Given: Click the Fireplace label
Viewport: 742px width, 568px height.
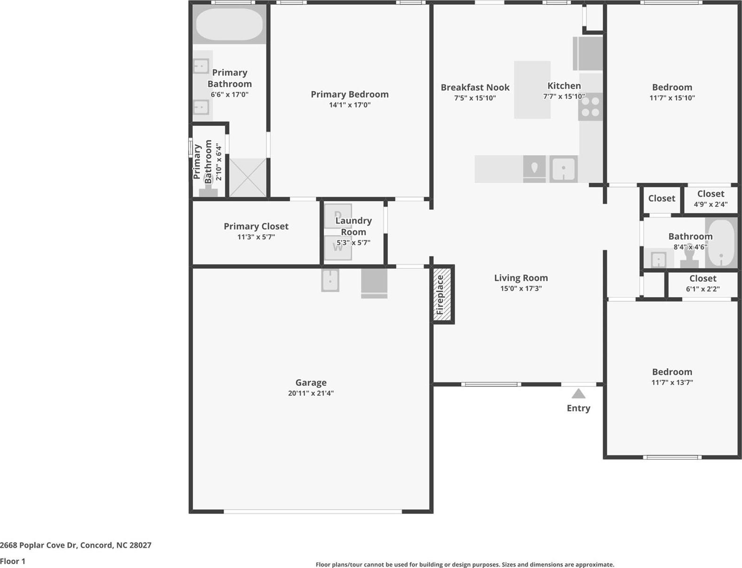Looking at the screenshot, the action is click(440, 295).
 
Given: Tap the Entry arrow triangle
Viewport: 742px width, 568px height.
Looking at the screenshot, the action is click(578, 394).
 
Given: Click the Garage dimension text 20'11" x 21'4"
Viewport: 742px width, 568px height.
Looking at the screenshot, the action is click(311, 393).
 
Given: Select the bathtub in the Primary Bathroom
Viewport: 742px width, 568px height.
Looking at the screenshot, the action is click(229, 24).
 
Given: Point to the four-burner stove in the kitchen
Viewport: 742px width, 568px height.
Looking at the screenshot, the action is click(591, 107).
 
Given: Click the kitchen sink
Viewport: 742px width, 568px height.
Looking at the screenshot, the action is click(563, 169).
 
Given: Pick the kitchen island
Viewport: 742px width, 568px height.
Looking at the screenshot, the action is click(532, 90).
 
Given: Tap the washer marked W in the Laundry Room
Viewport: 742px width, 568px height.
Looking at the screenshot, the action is click(338, 247).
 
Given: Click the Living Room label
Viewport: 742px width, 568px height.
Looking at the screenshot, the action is click(521, 278).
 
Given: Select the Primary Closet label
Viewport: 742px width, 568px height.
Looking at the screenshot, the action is click(256, 226).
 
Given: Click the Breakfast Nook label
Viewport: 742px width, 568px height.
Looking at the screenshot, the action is click(475, 87).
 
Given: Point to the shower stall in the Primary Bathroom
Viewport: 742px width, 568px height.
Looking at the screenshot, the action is click(247, 178).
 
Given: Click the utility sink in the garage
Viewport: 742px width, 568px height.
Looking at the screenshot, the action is click(330, 280).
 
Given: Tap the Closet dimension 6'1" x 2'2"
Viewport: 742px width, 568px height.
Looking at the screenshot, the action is click(703, 289).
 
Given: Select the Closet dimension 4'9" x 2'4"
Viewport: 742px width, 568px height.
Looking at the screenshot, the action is click(710, 205).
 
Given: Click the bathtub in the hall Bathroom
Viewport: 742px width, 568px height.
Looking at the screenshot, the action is click(721, 243).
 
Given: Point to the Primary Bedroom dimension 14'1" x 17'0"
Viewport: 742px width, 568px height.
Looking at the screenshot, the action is click(350, 105).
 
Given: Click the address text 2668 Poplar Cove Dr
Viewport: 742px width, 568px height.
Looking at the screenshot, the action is click(38, 545).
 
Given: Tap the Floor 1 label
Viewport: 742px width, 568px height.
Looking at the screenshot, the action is click(13, 561).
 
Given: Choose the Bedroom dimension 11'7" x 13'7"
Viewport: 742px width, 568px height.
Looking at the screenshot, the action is click(672, 382).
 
